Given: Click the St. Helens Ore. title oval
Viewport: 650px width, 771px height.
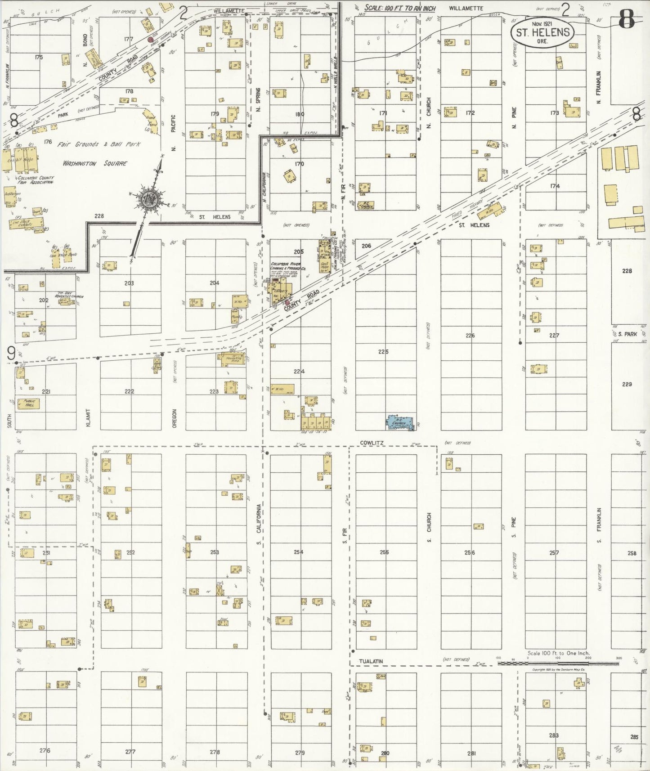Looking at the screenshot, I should click(542, 32).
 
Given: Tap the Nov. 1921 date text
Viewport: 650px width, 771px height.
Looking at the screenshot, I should click(542, 23).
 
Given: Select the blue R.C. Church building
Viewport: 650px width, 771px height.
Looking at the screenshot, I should click(400, 422).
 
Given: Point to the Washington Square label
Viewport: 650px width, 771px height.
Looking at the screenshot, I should click(94, 164).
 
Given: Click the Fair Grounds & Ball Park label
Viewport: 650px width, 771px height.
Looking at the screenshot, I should click(99, 144).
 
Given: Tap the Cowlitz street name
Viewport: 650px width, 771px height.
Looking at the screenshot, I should click(372, 443).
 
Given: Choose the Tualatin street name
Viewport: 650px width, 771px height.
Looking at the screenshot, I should click(371, 661).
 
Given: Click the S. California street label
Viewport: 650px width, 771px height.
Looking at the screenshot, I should click(259, 524).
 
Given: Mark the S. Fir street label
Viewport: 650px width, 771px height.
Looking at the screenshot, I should click(345, 535).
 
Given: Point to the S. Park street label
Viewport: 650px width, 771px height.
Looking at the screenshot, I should click(627, 334).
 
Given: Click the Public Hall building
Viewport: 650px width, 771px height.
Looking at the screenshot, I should click(28, 403).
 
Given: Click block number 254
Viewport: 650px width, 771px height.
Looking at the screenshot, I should click(299, 552).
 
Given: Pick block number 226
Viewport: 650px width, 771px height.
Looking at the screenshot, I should click(470, 336).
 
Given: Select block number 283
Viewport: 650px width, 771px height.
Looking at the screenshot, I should click(554, 735).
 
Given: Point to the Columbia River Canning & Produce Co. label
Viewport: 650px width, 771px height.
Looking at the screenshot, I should click(288, 266).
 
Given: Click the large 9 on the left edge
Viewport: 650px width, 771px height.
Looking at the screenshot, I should click(11, 354).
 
